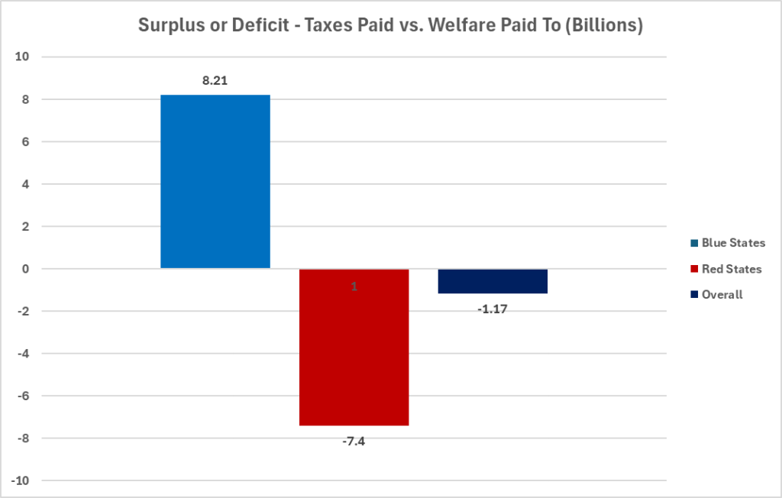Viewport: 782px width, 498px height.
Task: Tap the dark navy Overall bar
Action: pyautogui.click(x=493, y=281)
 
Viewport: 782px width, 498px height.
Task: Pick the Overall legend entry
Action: pyautogui.click(x=722, y=294)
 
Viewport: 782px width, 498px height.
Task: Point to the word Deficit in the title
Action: pyautogui.click(x=257, y=25)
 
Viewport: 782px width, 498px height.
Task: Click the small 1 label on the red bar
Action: pyautogui.click(x=354, y=286)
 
